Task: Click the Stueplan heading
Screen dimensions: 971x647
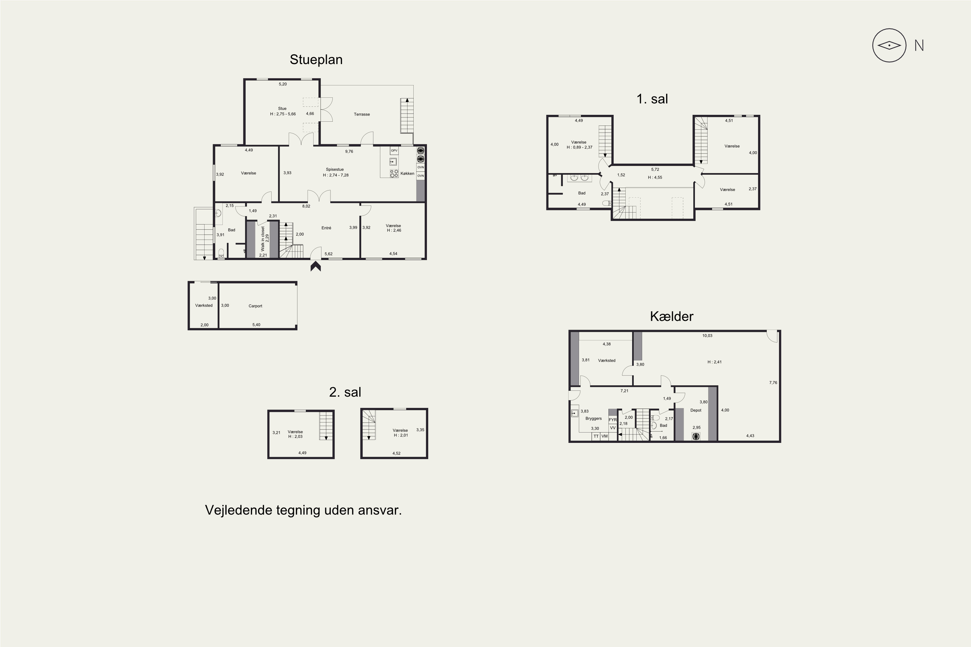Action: click(x=316, y=60)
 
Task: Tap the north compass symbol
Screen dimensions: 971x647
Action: click(x=889, y=45)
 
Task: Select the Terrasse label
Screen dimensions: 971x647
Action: click(x=362, y=114)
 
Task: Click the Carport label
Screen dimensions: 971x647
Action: click(x=255, y=306)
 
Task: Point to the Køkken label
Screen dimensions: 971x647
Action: click(x=407, y=173)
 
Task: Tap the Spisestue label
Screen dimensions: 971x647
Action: click(x=335, y=169)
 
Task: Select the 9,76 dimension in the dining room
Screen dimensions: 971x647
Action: click(x=349, y=151)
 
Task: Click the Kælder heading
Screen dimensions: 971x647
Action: click(x=671, y=316)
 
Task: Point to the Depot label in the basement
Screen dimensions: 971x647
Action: click(x=696, y=410)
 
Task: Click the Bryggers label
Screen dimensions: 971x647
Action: click(x=594, y=418)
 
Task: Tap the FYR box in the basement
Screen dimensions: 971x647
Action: click(x=613, y=420)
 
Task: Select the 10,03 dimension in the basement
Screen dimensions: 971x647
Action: click(x=707, y=335)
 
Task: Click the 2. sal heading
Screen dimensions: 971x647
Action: click(x=345, y=392)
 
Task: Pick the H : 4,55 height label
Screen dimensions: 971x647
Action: click(x=655, y=177)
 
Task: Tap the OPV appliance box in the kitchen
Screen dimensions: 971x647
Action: click(x=394, y=151)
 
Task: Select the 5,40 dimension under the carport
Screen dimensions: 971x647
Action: click(x=256, y=325)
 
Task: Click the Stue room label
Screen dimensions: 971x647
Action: click(x=282, y=108)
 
